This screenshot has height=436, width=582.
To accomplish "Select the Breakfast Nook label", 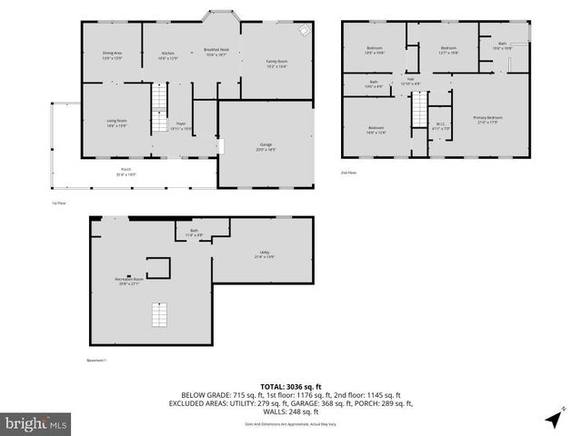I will click(216, 54).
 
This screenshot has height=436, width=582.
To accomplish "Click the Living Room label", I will click(115, 123).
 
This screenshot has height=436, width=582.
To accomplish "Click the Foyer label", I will click(181, 126).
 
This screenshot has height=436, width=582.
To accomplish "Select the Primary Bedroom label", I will click(487, 118).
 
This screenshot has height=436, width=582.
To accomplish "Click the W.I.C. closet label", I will click(440, 126).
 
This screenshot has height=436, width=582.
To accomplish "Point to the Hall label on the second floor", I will click(410, 82).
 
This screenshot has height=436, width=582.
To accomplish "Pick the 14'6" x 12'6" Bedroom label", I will click(376, 130).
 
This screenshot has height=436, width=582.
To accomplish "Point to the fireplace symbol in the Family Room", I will click(306, 29).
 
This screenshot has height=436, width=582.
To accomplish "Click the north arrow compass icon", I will click(553, 419).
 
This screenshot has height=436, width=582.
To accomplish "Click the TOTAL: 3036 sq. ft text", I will click(291, 387).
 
